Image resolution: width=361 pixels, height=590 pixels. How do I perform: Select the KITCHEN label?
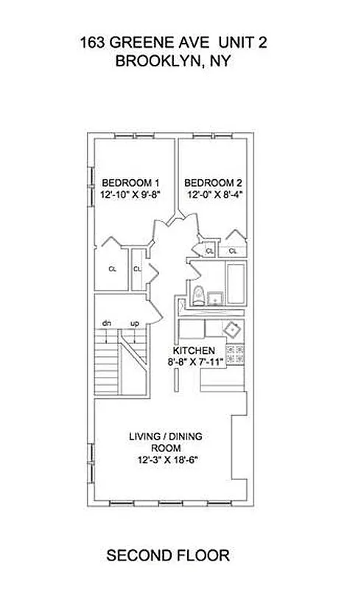[194, 350]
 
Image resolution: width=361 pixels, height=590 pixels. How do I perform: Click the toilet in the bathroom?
[197, 294]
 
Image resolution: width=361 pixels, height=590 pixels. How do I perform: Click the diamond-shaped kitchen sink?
[234, 329]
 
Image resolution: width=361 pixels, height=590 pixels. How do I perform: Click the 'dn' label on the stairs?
[106, 323]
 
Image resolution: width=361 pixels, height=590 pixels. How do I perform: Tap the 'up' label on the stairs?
[135, 323]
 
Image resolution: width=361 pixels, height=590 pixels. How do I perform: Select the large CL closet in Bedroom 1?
[112, 269]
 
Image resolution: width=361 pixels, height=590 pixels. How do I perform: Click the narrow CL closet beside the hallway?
[137, 269]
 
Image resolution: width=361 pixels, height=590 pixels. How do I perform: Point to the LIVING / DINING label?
[166, 435]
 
